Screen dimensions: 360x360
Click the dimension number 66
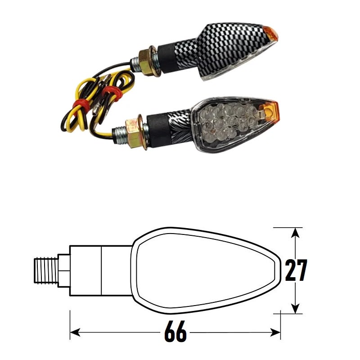tap(175, 333)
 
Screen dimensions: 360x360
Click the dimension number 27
tap(296, 270)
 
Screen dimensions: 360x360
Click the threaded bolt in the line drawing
tap(47, 270)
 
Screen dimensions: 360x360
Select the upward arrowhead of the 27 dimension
tap(295, 233)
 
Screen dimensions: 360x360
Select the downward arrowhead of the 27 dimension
tap(295, 308)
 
